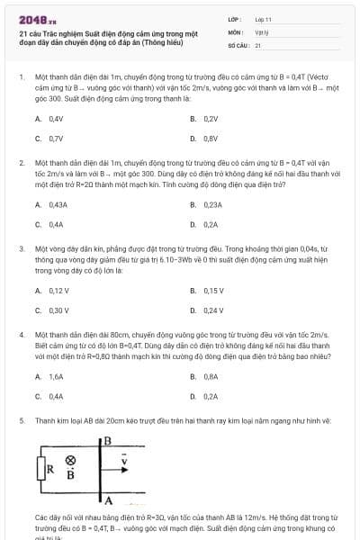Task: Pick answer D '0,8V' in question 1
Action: point(211,139)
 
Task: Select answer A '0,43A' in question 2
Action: point(57,204)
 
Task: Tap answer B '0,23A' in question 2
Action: point(212,204)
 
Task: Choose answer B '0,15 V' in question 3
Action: point(213,291)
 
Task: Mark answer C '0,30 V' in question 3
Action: point(58,310)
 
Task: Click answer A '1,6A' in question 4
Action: point(56,377)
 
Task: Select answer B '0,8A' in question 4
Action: point(211,377)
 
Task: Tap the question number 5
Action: point(22,419)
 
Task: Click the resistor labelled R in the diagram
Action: point(42,469)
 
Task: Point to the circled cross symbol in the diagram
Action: point(70,459)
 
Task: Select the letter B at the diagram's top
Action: point(108,440)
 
